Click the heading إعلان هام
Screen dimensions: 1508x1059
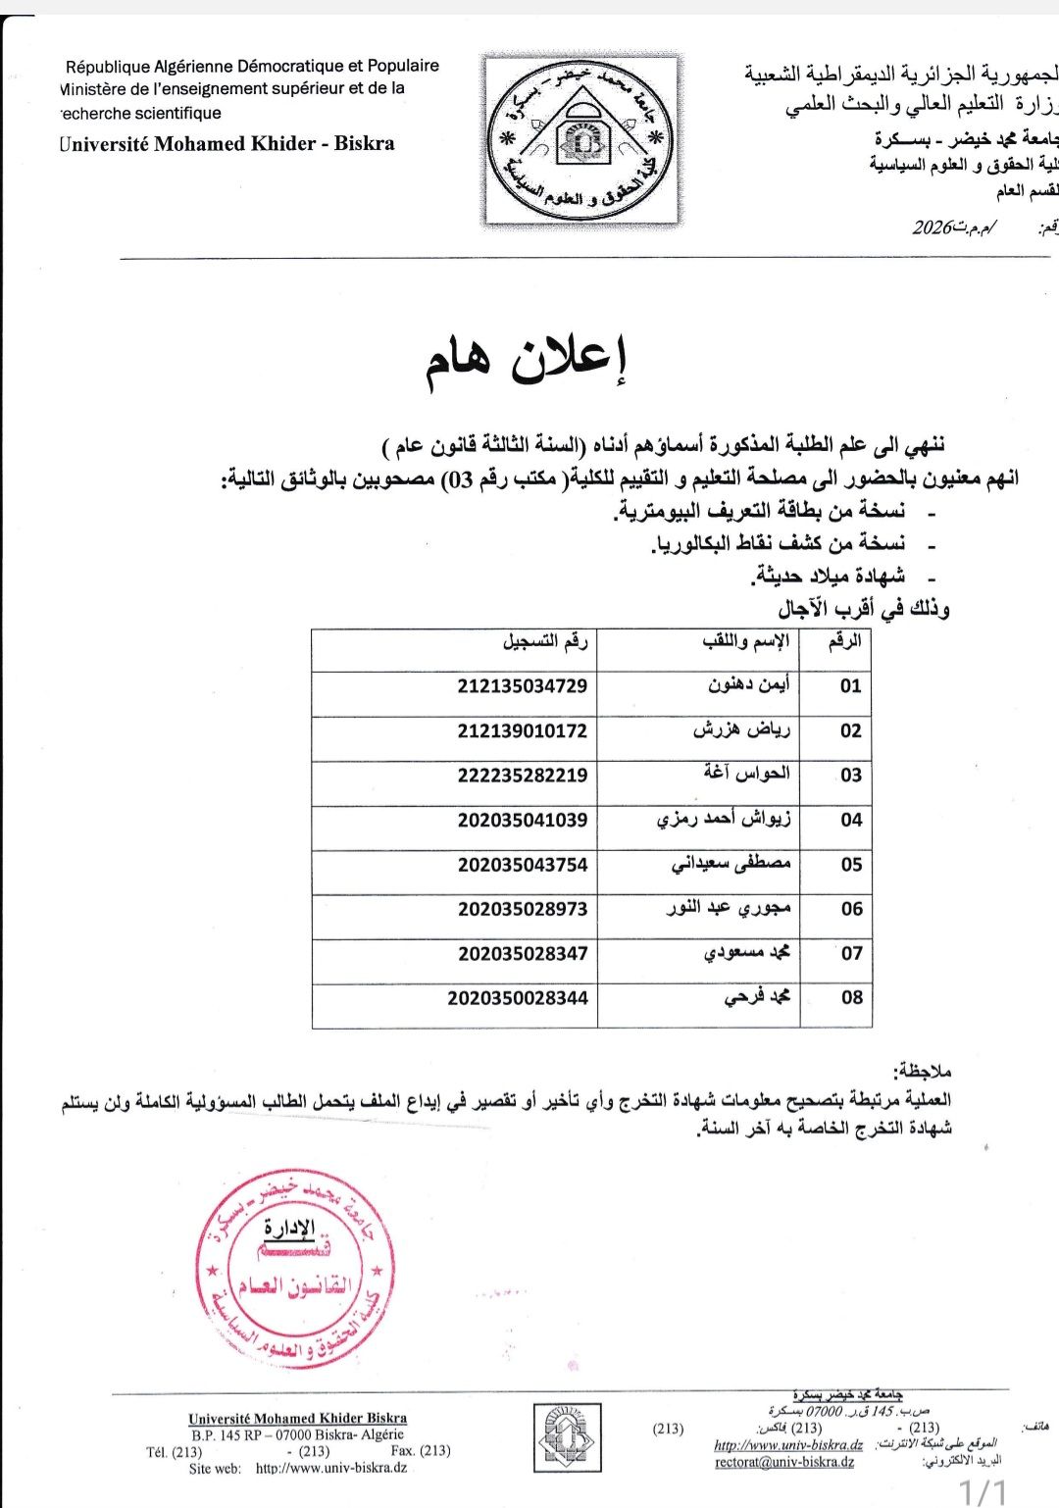(x=526, y=365)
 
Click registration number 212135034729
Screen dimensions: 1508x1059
(x=522, y=685)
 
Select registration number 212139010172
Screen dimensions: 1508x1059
(x=522, y=730)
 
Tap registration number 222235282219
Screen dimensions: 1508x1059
(x=522, y=775)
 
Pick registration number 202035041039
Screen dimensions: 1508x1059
(x=522, y=820)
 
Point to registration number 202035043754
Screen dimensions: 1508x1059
(x=522, y=864)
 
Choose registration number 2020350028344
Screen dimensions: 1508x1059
(x=517, y=998)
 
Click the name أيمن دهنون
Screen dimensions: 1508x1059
(x=749, y=684)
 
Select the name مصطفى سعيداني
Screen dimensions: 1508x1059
(x=731, y=864)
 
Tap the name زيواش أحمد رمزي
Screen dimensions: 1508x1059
(x=724, y=819)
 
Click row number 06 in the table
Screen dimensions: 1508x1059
(x=851, y=909)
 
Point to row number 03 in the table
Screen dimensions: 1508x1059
(x=851, y=775)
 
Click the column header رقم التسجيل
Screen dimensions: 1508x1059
(x=545, y=642)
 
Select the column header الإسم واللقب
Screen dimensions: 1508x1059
(x=745, y=642)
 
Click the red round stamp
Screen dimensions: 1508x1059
(x=295, y=1270)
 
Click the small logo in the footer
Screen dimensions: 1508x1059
(x=568, y=1437)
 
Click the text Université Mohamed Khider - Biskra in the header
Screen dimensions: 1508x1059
(x=227, y=143)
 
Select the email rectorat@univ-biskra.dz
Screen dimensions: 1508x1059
(x=784, y=1462)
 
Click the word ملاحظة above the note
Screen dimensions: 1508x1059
(x=922, y=1068)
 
